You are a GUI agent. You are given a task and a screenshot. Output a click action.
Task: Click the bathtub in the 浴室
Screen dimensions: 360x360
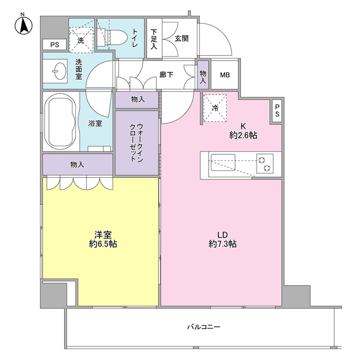(x=60, y=122)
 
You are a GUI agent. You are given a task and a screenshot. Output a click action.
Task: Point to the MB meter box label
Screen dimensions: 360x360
(x=225, y=75)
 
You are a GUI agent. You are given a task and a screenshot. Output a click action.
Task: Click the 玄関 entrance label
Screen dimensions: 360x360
(x=182, y=38)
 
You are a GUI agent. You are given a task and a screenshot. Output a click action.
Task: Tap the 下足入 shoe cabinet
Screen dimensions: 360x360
(x=154, y=38)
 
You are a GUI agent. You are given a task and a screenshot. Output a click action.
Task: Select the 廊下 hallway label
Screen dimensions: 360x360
(x=166, y=75)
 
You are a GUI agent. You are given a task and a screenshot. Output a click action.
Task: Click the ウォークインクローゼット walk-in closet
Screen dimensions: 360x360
(x=137, y=143)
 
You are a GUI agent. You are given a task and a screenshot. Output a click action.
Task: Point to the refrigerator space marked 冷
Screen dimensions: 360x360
(x=215, y=108)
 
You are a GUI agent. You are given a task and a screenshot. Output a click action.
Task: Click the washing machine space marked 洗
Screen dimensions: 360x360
(x=81, y=40)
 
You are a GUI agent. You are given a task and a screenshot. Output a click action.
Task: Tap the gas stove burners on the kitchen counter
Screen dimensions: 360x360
(x=265, y=164)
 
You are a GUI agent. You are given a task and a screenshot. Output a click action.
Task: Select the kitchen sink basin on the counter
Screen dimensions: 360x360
(x=223, y=163)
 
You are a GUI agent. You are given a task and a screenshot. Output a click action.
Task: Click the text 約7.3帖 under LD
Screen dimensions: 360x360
(x=223, y=244)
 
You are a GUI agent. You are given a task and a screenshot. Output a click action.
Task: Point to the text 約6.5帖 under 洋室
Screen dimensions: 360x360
(x=103, y=244)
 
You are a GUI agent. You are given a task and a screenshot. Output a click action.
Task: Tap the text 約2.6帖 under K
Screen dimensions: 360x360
(x=243, y=135)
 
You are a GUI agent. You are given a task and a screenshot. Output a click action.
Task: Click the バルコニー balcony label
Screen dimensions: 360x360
(x=204, y=326)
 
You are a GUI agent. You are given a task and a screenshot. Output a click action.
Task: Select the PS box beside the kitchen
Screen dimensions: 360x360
(x=277, y=111)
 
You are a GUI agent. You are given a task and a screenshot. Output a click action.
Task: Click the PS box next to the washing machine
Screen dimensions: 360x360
(x=55, y=44)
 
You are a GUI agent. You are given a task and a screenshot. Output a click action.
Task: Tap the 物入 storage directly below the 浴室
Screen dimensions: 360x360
(x=78, y=164)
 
